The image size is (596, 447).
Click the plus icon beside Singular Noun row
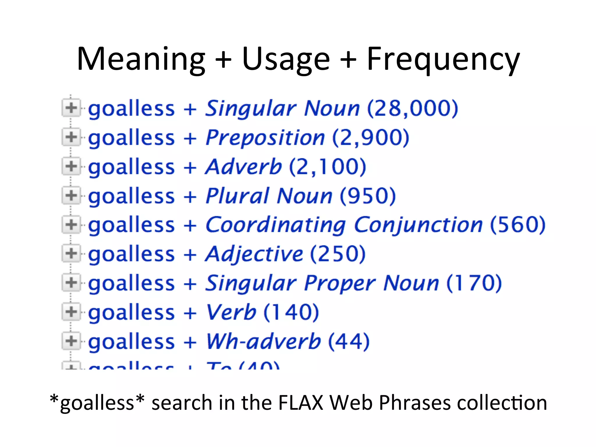[x=71, y=108]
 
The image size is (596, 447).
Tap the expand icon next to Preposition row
[x=71, y=137]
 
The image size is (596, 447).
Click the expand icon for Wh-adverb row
[x=71, y=341]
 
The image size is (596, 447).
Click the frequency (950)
[x=368, y=196]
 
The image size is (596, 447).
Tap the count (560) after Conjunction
[x=517, y=225]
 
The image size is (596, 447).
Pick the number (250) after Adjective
[x=338, y=254]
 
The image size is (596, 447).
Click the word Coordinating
[x=275, y=225]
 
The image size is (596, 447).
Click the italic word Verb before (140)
[x=231, y=312]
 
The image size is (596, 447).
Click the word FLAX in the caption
[x=301, y=403]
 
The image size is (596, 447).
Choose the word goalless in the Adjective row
[x=131, y=254]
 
